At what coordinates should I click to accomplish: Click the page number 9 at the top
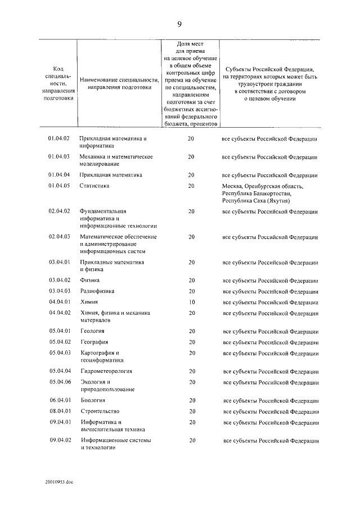(179, 24)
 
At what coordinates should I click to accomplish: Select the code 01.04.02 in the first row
(58, 139)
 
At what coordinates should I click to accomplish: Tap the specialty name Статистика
(94, 186)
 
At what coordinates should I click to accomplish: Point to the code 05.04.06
(58, 382)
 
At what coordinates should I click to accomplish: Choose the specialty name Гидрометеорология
(106, 371)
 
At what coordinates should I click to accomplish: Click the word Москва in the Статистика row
(232, 186)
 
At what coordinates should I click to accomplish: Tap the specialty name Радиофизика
(97, 291)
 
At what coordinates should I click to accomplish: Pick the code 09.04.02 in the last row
(58, 440)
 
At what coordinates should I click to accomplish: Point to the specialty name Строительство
(100, 411)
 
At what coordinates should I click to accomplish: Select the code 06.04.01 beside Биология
(58, 400)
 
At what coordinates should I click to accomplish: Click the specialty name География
(94, 342)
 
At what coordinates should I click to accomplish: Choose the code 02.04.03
(58, 237)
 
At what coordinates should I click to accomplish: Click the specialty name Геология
(92, 331)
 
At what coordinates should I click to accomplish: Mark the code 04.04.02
(58, 313)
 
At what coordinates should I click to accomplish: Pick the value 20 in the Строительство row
(192, 411)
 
